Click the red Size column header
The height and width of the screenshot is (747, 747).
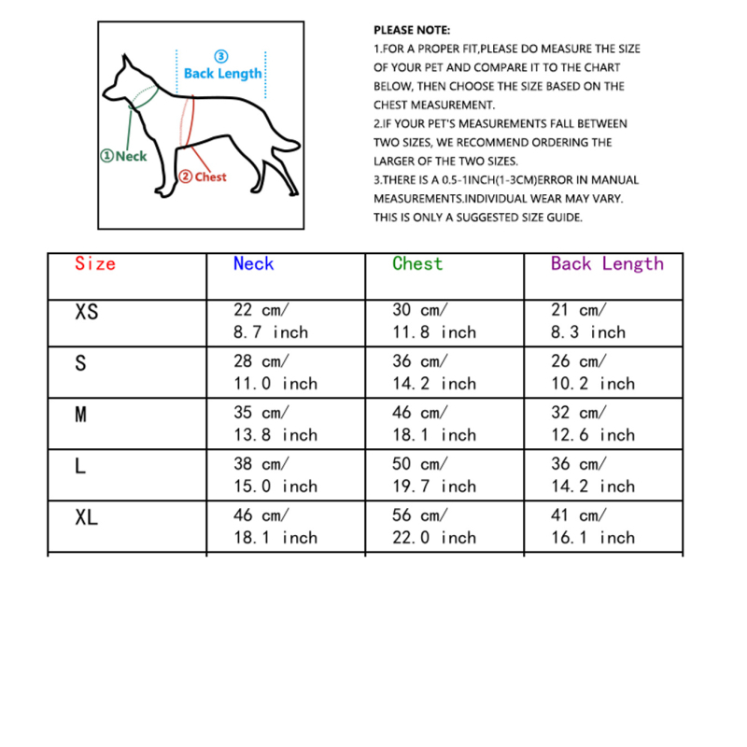95,264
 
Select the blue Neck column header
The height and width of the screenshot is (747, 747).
253,264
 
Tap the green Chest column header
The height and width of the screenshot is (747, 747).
417,264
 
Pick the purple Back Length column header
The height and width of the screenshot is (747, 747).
607,264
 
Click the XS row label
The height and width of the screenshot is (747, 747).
86,312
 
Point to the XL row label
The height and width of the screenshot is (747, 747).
86,517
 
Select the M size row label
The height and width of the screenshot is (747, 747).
80,415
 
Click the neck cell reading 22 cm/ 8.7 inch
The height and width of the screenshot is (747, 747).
270,321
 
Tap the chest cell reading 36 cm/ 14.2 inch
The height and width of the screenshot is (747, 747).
433,373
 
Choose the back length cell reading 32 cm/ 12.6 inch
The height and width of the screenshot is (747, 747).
592,424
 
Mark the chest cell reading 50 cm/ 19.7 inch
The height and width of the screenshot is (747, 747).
433,475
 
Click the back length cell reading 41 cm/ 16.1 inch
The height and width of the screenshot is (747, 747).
592,527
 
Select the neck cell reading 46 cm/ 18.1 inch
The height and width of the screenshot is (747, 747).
275,527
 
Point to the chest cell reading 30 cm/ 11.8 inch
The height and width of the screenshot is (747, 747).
433,321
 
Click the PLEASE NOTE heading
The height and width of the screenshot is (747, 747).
412,31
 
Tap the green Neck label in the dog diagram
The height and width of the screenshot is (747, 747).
124,156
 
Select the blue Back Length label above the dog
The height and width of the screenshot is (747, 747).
222,73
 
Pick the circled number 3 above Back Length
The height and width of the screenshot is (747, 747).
221,56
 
